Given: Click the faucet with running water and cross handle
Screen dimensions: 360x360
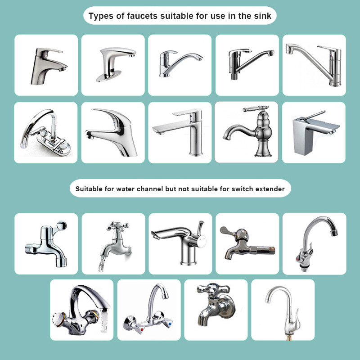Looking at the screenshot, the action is pos(115,246).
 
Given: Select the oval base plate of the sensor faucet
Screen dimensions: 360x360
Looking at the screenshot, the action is pos(108,76).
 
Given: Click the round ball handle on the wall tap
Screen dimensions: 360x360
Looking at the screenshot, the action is pos(62,226).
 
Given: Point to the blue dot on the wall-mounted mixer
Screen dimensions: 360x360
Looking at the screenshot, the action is pos(170,324).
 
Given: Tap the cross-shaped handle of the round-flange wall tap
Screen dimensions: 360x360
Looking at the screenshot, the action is pos(213,289).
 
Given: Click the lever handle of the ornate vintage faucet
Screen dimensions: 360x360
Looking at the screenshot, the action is pos(256,108).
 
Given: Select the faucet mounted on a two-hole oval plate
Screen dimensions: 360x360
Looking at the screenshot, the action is pos(45,132).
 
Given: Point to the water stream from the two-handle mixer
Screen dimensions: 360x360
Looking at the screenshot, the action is pos(104,320).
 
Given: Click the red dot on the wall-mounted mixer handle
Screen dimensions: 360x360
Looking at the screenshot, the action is pos(142,329).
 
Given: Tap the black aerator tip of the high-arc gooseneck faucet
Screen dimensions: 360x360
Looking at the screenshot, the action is pos(334,232).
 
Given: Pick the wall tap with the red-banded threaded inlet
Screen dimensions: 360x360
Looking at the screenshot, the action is pos(247,243).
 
